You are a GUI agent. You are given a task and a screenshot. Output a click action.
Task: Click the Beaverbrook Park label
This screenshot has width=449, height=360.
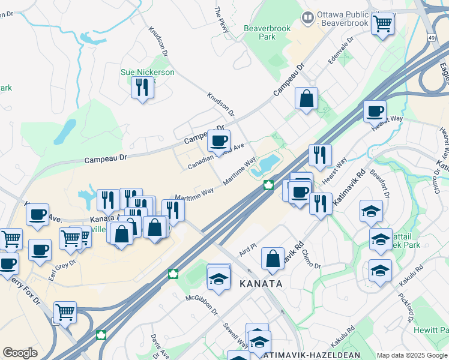pos(268,32)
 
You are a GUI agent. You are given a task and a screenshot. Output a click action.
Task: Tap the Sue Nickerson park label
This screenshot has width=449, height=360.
pos(147,73)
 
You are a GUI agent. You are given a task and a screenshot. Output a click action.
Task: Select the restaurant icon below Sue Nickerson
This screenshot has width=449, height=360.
pos(142,88)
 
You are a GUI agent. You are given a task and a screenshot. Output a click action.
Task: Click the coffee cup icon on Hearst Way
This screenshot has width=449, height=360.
pos(375,111)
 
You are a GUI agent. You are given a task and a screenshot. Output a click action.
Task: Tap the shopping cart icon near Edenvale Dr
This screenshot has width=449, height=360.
pos(382,25)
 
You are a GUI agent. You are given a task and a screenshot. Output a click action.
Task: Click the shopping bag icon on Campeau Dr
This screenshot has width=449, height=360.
pos(306,98)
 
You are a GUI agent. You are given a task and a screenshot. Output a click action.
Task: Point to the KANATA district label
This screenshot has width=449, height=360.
pos(261,283)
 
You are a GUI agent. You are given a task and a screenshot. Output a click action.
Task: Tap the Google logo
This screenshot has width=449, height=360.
pos(20,353)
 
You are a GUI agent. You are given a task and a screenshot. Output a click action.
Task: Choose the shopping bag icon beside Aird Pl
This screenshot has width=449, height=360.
pos(273,259)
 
